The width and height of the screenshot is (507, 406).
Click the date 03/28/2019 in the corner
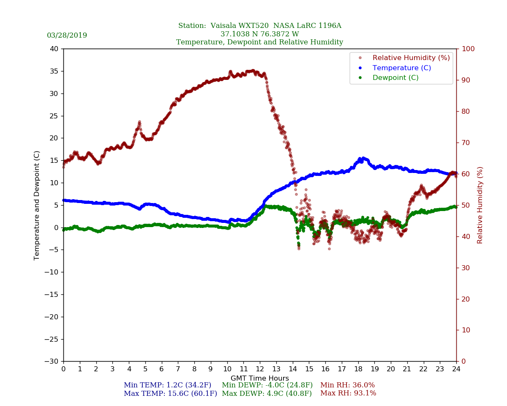67,36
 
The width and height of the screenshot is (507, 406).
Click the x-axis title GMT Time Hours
259,379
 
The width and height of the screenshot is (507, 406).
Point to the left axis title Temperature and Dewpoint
37,205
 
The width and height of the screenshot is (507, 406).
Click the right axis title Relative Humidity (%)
480,205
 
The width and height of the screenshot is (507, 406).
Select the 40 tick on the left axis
54,49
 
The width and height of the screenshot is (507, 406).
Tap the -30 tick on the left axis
52,362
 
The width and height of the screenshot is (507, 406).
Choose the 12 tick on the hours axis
259,369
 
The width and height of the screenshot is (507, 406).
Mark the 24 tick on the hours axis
456,369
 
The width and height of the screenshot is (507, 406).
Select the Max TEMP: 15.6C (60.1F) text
170,394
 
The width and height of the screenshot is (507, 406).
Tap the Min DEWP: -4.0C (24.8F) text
267,385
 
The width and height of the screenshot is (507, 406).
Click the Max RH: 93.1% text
348,394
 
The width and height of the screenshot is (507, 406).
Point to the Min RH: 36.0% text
347,385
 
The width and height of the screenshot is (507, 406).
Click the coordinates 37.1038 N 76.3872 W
259,34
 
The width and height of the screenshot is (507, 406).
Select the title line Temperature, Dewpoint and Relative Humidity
259,42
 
